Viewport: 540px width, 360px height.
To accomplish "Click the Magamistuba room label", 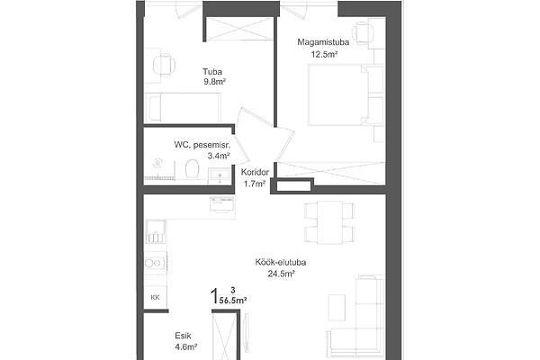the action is pyautogui.click(x=323, y=42).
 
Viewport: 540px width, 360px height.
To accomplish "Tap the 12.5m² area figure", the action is pyautogui.click(x=324, y=54).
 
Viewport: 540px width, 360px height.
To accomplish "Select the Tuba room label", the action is pyautogui.click(x=212, y=72).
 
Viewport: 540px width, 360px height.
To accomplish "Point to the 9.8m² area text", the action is pyautogui.click(x=214, y=82).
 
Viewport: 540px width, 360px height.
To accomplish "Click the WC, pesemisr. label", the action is pyautogui.click(x=202, y=145).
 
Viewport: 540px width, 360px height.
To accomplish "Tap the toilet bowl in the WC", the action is pyautogui.click(x=192, y=169).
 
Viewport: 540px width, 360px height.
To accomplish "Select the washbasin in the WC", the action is pyautogui.click(x=219, y=175).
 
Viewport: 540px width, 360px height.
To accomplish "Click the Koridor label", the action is pyautogui.click(x=255, y=172).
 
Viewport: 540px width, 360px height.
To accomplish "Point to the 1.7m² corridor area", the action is pyautogui.click(x=255, y=184).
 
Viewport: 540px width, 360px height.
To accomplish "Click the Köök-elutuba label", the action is pyautogui.click(x=281, y=263).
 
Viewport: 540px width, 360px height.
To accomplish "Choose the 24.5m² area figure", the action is pyautogui.click(x=281, y=274).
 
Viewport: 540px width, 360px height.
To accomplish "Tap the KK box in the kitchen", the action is pyautogui.click(x=156, y=297).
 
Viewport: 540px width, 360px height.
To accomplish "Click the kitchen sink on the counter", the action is pyautogui.click(x=156, y=231).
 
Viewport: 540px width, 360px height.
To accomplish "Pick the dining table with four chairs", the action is pyautogui.click(x=329, y=222).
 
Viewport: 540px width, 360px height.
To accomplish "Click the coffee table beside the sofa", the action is pyautogui.click(x=337, y=308).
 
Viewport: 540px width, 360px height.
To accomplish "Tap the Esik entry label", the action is pyautogui.click(x=183, y=336).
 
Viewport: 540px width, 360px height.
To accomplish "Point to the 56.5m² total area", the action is pyautogui.click(x=233, y=301).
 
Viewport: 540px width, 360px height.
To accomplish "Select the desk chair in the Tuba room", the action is pyautogui.click(x=164, y=65).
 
